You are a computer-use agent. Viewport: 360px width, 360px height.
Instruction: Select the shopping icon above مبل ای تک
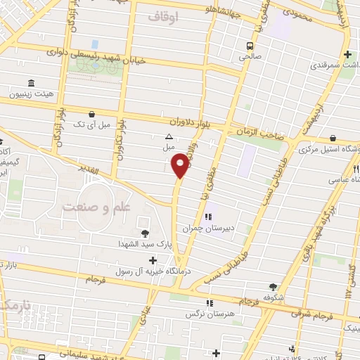coord(91,114)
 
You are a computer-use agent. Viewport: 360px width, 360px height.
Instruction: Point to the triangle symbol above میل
coord(168,137)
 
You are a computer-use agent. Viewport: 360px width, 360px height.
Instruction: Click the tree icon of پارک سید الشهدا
coord(145,233)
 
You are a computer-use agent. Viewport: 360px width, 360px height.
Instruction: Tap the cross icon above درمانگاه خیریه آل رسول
coord(153,260)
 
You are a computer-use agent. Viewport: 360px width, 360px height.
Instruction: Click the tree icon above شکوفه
coord(273,286)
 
